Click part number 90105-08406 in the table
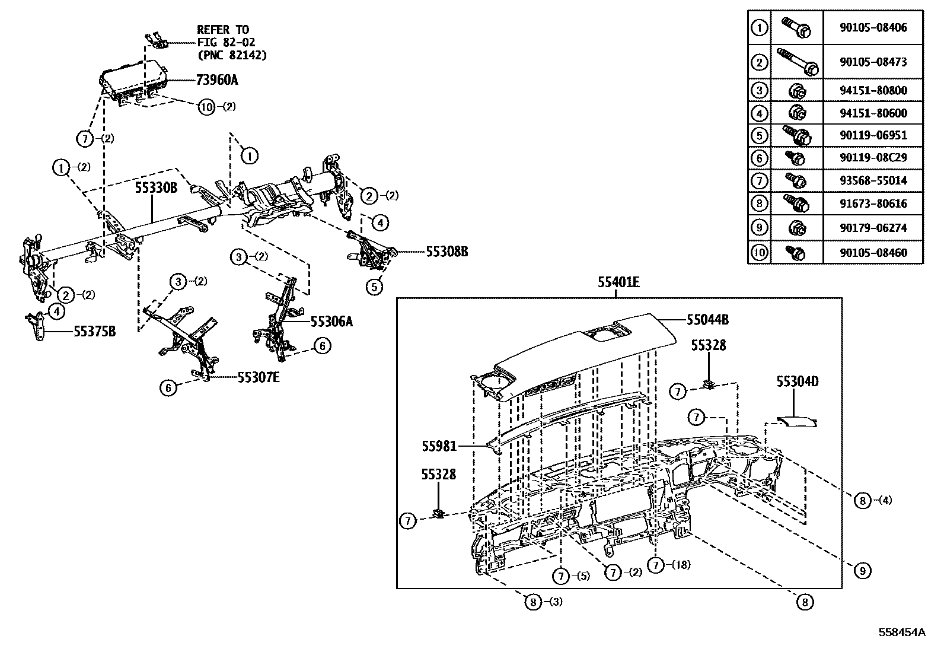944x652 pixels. coord(873,28)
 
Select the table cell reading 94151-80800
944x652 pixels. coord(873,91)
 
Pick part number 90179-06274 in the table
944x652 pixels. coord(873,228)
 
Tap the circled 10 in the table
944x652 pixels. coord(759,253)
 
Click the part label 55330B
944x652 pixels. coord(156,188)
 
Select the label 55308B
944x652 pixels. coord(447,252)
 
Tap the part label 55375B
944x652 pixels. coord(94,332)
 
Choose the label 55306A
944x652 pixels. coord(331,322)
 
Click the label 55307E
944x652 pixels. coord(259,376)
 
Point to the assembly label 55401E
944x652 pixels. coord(618,283)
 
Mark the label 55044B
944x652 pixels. coord(707,320)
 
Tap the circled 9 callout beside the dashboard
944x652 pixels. coord(863,571)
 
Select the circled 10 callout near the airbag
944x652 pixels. coord(206,107)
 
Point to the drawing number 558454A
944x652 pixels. coord(902,632)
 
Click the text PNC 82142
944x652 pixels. coord(232,55)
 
